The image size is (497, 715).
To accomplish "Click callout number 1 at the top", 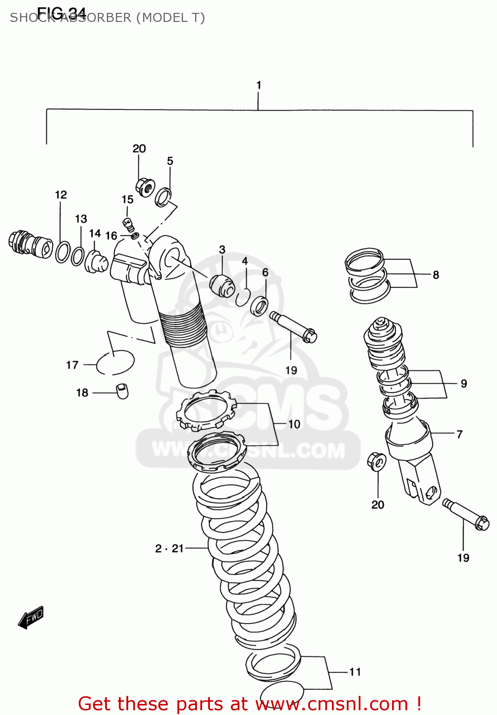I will tap(259, 85).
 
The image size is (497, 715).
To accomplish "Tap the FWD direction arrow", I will tap(31, 618).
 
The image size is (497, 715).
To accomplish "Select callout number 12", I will tap(61, 194).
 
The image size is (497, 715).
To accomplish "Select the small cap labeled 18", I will tap(123, 390).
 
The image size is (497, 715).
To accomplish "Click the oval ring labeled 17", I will tap(115, 363).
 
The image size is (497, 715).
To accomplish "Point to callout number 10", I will tap(294, 424).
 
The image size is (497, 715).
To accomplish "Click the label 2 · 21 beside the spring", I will tap(169, 549).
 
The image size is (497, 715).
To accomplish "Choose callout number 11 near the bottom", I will tap(355, 672).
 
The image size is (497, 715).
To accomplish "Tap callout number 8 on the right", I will tap(435, 275).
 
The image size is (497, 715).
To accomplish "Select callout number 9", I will tap(464, 383).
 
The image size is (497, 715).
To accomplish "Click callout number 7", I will tap(459, 434).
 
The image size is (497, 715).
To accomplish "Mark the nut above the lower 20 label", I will tap(377, 461).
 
